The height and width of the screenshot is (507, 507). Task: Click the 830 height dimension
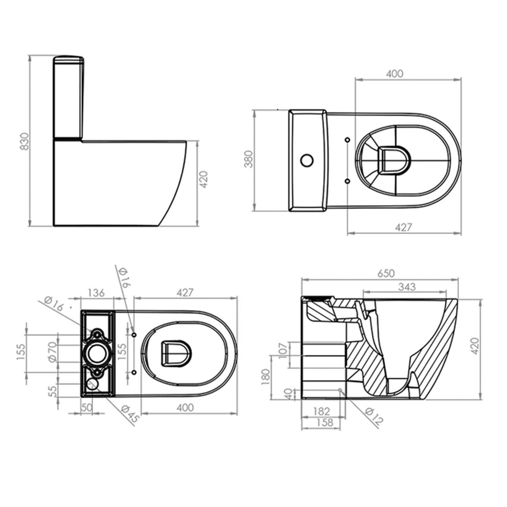coord(25,142)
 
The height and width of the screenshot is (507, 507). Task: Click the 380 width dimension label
coord(249,159)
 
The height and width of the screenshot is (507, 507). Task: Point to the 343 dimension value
coord(407,287)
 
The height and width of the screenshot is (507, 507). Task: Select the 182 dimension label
coord(321,411)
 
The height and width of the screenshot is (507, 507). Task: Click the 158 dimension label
coord(324,422)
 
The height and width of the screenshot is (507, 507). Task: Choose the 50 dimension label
coord(87,407)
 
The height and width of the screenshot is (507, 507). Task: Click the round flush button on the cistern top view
coord(307,161)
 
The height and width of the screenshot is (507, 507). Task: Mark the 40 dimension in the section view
coord(288,394)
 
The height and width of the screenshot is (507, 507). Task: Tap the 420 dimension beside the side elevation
coord(203,179)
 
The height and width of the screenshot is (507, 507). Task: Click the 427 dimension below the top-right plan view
coord(404,227)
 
